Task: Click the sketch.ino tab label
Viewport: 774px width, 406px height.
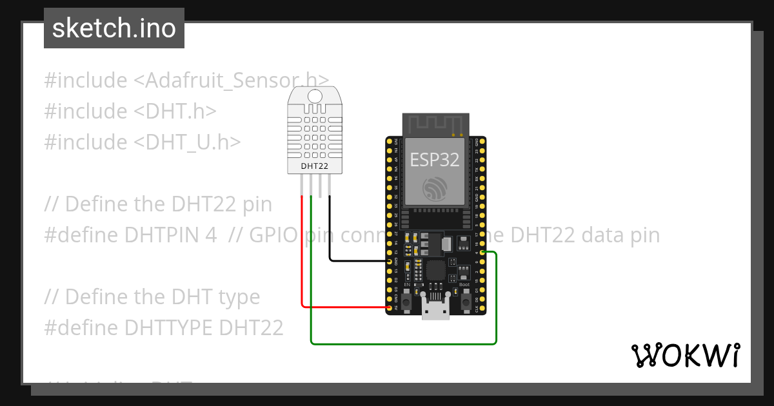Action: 114,28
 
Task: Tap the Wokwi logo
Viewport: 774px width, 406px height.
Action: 685,355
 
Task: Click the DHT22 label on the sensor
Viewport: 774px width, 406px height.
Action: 315,166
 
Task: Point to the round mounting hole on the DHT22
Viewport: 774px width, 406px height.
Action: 315,97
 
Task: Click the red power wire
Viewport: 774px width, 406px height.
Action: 302,258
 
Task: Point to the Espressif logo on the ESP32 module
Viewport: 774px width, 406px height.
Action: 433,188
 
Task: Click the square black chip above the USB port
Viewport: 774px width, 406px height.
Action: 436,271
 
